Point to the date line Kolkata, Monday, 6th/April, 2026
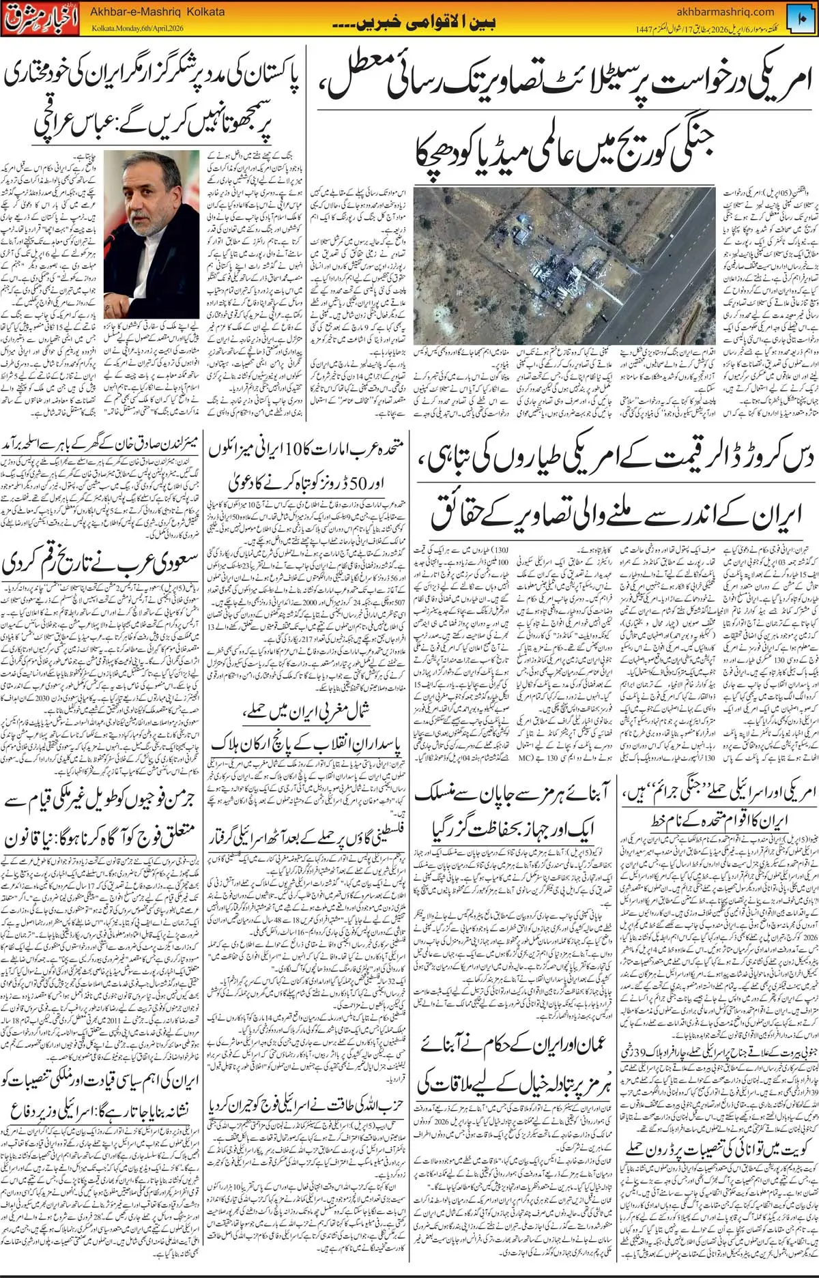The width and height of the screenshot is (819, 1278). click(136, 28)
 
